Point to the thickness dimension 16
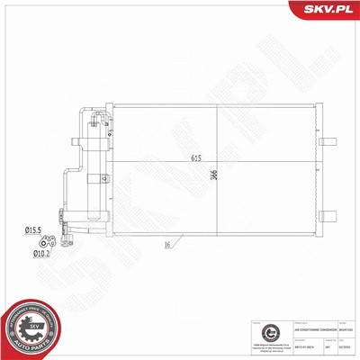(x=168, y=245)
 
